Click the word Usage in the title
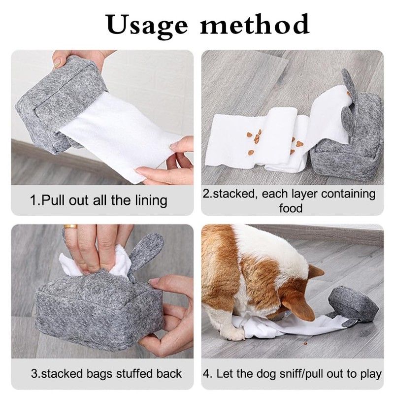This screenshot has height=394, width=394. (x=145, y=24)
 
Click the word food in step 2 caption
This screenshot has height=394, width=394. (x=291, y=208)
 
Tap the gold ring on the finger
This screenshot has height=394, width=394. (x=70, y=227)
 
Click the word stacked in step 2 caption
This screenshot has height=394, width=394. (x=235, y=194)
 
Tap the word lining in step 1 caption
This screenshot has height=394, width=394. (x=148, y=200)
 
